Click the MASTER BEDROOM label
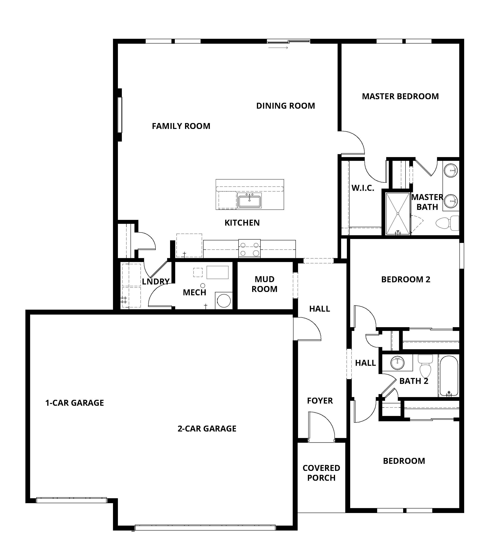tap(400, 96)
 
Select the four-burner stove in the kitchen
tap(249, 249)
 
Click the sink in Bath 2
tap(397, 363)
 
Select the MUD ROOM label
tap(264, 284)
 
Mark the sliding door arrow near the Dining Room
tap(278, 48)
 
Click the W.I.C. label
tap(363, 188)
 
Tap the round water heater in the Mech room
tap(224, 301)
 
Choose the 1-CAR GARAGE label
tap(74, 403)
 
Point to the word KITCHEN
tap(242, 223)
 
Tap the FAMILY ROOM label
tap(181, 126)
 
